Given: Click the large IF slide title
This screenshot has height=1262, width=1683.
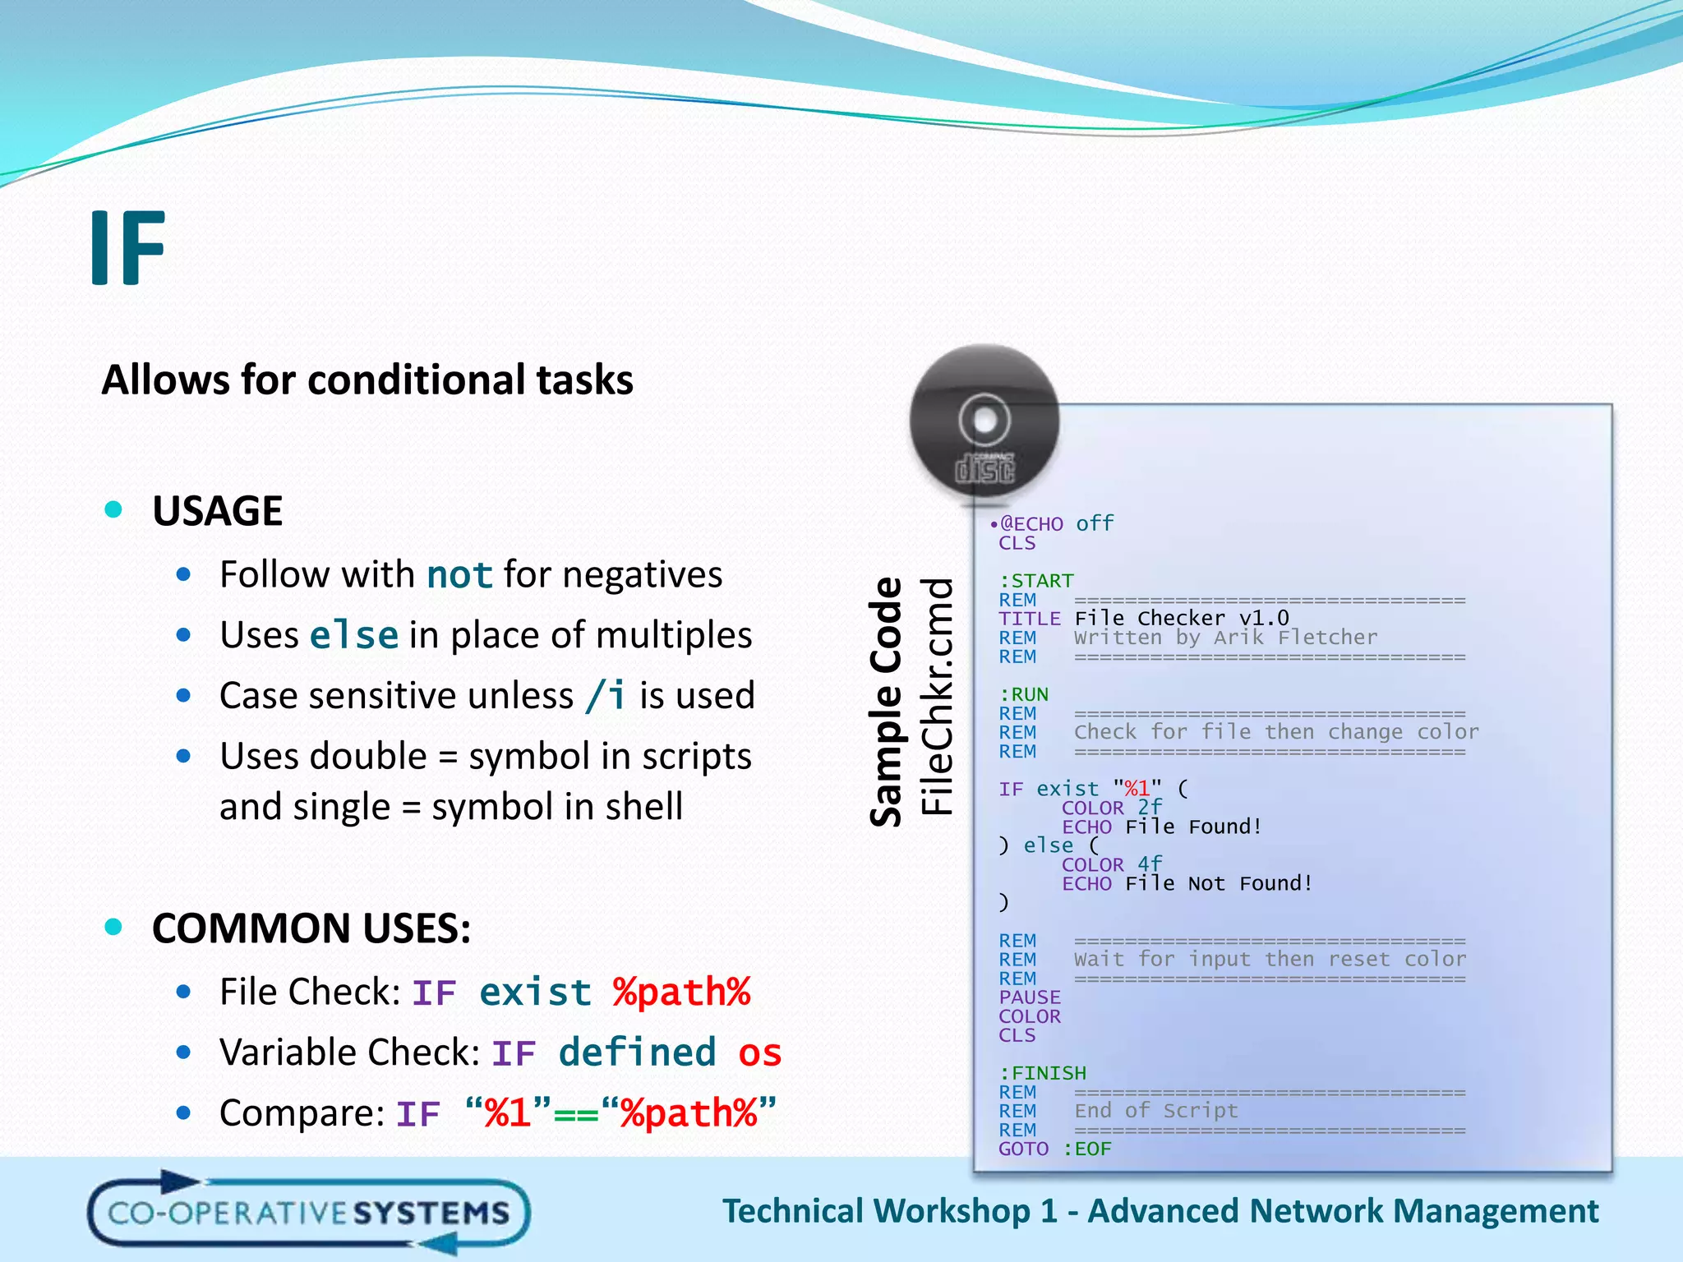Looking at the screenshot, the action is coord(128,248).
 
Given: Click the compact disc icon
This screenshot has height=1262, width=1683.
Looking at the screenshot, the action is coord(984,421).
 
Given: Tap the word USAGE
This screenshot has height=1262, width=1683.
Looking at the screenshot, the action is coord(218,511).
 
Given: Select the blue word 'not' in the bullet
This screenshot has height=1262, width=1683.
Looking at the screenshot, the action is coord(459,575).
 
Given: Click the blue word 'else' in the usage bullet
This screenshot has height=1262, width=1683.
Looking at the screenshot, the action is coord(354,636).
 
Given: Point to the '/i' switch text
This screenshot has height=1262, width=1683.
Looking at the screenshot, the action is coord(606,696).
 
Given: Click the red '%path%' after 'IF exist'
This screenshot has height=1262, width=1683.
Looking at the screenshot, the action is coord(681,993).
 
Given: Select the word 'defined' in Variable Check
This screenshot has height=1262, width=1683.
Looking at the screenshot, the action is coord(637,1053).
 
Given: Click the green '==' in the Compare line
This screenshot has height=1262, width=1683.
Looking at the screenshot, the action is coord(576,1115).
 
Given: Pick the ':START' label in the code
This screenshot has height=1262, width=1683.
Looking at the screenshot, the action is coord(1036,581).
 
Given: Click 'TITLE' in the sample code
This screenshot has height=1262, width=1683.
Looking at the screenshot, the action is coord(1030,619).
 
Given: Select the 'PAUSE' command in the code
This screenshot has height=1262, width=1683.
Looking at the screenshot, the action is coord(1030,997).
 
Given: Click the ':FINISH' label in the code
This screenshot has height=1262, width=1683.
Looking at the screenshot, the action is coord(1043,1073).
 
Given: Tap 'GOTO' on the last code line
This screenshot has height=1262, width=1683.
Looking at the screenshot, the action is coord(1023,1149).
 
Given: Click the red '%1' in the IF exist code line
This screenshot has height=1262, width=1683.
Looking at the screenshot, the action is coord(1137,789).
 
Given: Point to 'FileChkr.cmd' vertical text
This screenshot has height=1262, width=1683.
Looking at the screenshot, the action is coord(937,696).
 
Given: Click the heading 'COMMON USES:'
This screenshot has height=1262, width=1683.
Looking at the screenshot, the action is coord(311,929).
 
